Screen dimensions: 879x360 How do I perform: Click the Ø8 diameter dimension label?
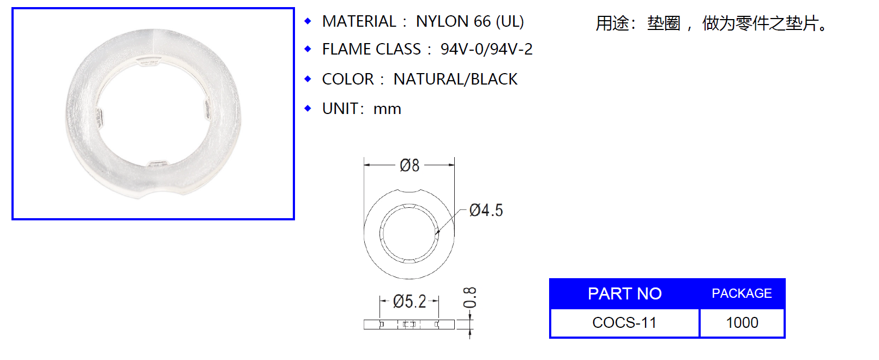coord(410,165)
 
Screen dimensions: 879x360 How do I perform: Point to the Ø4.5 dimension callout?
coord(486,211)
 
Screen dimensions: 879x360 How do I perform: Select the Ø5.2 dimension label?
coord(410,302)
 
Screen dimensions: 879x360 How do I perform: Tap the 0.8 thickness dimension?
coord(469,297)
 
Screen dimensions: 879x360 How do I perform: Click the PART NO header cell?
coord(624,293)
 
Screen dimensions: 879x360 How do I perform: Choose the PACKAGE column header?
coord(742,293)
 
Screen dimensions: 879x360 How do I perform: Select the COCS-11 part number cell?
coord(624,323)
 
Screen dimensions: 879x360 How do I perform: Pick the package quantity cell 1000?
coord(742,323)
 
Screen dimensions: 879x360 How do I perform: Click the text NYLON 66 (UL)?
coord(469,22)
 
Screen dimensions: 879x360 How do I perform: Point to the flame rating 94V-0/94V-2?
coord(486,50)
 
